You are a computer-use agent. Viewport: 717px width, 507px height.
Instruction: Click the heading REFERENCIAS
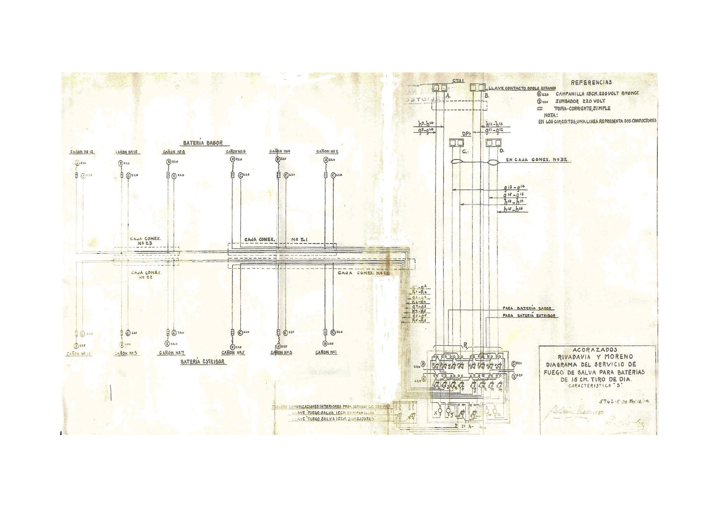click(591, 83)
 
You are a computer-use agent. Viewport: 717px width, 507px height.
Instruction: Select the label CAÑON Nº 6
click(236, 151)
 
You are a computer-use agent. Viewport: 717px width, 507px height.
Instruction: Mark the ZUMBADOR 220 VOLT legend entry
click(580, 101)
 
